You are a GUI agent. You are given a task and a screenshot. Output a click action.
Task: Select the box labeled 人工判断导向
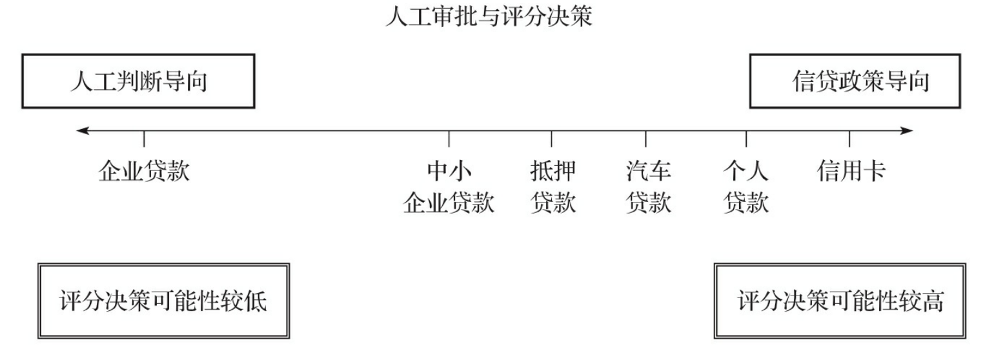pyautogui.click(x=139, y=81)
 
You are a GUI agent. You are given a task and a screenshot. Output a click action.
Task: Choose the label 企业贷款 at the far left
pyautogui.click(x=144, y=172)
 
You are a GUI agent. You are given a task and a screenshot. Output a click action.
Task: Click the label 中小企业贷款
pyautogui.click(x=449, y=188)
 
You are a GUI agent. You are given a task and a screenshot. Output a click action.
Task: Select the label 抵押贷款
pyautogui.click(x=553, y=188)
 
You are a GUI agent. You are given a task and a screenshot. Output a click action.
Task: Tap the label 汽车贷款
pyautogui.click(x=647, y=188)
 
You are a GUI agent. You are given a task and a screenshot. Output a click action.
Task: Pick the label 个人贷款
pyautogui.click(x=746, y=188)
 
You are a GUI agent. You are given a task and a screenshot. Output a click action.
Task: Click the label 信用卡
pyautogui.click(x=851, y=172)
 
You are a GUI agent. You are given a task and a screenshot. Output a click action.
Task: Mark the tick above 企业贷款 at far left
pyautogui.click(x=144, y=139)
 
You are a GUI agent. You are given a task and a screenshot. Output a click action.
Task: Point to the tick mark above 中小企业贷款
pyautogui.click(x=449, y=139)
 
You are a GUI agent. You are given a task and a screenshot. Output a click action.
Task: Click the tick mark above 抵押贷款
pyautogui.click(x=551, y=139)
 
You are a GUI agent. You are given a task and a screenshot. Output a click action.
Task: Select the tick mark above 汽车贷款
pyautogui.click(x=645, y=139)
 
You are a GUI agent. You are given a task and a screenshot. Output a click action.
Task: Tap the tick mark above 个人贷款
pyautogui.click(x=746, y=139)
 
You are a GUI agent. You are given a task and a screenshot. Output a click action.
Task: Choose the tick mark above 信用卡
pyautogui.click(x=849, y=139)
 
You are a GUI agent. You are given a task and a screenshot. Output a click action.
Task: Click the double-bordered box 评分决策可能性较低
pyautogui.click(x=163, y=301)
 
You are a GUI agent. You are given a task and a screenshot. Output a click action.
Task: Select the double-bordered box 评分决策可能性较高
pyautogui.click(x=840, y=301)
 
